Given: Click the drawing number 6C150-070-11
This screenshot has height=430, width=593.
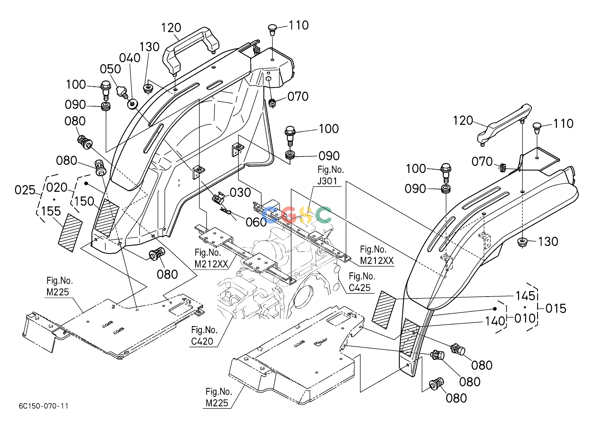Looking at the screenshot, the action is [x=43, y=406].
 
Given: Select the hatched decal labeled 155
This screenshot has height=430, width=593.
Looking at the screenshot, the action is [x=70, y=233].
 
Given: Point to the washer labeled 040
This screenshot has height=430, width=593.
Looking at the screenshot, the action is [x=133, y=104].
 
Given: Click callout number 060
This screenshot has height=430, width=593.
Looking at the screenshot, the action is [x=256, y=222].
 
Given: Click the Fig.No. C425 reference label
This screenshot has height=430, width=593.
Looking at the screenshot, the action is [x=362, y=282].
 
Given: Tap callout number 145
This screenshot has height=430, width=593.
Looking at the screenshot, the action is [x=526, y=296].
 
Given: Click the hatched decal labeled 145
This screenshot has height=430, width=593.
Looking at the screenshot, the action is [x=384, y=310].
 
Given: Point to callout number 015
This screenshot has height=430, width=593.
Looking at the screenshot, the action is [x=556, y=309].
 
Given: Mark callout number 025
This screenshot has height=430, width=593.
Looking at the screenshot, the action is [x=25, y=190].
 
